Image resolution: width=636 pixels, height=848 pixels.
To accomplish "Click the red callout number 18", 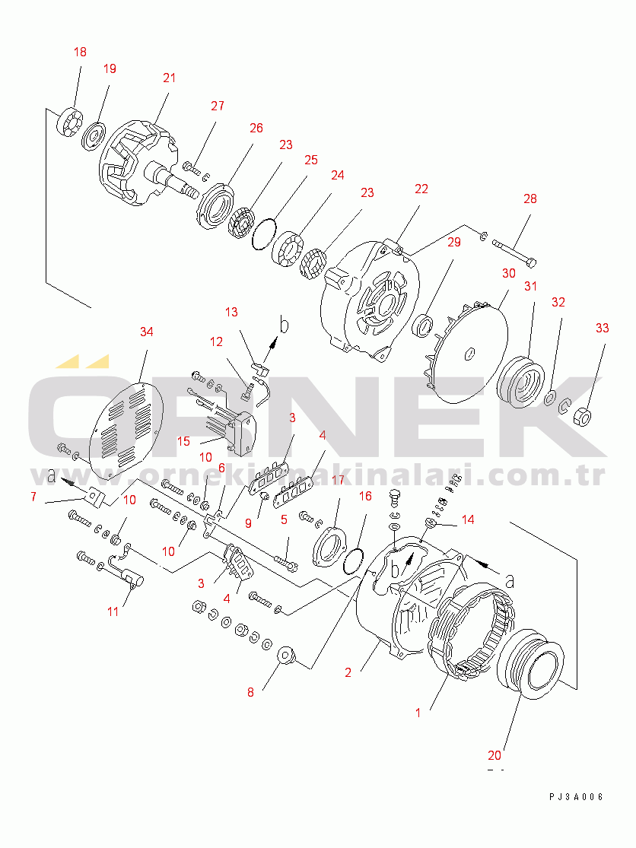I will point(80,52).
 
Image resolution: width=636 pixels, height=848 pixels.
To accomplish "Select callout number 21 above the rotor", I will point(169,78).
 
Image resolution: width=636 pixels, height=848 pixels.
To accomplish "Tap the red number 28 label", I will point(529,199).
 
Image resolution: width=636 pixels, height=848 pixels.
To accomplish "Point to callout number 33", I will point(603,329).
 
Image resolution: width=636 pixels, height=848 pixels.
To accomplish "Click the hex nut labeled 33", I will point(582,416).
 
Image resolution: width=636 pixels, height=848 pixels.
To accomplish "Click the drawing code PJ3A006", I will point(576,796).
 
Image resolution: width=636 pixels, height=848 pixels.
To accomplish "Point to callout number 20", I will point(494,755).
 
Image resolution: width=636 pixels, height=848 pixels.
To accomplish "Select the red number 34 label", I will point(147,332).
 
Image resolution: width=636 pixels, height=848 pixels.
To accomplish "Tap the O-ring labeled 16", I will point(351,561).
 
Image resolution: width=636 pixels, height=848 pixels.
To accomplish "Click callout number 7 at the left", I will point(33,497).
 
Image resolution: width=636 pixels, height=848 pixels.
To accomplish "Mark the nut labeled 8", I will point(287,655).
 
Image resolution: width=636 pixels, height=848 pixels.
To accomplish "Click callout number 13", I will point(231,312).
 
